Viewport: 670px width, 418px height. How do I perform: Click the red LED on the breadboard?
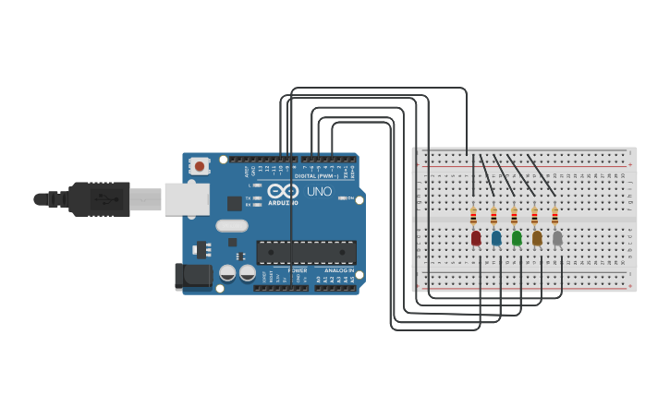coord(476,238)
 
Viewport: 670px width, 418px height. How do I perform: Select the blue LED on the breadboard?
coord(496,238)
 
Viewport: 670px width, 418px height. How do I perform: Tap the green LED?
coord(517,238)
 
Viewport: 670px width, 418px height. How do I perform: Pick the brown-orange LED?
coord(537,238)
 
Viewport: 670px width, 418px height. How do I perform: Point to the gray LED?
coord(557,238)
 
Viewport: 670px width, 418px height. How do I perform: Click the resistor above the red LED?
coord(474,217)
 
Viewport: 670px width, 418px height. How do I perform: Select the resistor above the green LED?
coord(515,217)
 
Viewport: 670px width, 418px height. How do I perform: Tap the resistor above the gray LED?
coord(554,217)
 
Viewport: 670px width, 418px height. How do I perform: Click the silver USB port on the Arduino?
coord(186,198)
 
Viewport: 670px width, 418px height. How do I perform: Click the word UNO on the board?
coord(319,191)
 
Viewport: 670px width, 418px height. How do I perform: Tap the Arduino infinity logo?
coord(283,191)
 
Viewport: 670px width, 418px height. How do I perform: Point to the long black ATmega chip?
coord(306,252)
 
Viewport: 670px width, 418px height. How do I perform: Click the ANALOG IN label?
coord(335,270)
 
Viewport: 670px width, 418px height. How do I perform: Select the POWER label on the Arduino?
coord(298,270)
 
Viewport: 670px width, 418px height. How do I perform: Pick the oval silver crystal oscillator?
coord(232,225)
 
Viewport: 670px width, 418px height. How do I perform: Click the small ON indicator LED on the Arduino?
coord(343,197)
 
